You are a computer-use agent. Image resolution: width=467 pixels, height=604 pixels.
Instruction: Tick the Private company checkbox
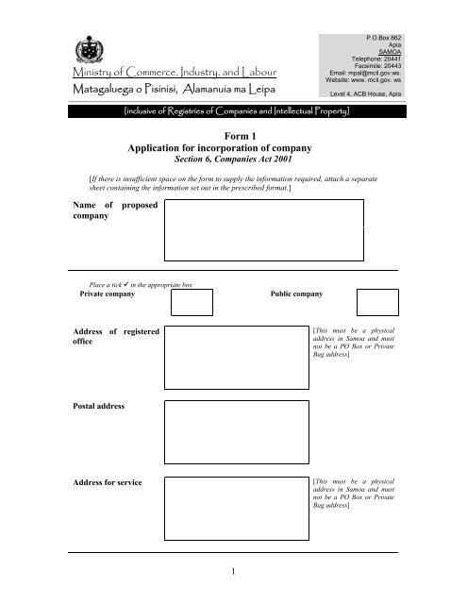(192, 302)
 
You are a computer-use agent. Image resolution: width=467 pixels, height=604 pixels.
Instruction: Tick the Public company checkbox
(377, 302)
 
